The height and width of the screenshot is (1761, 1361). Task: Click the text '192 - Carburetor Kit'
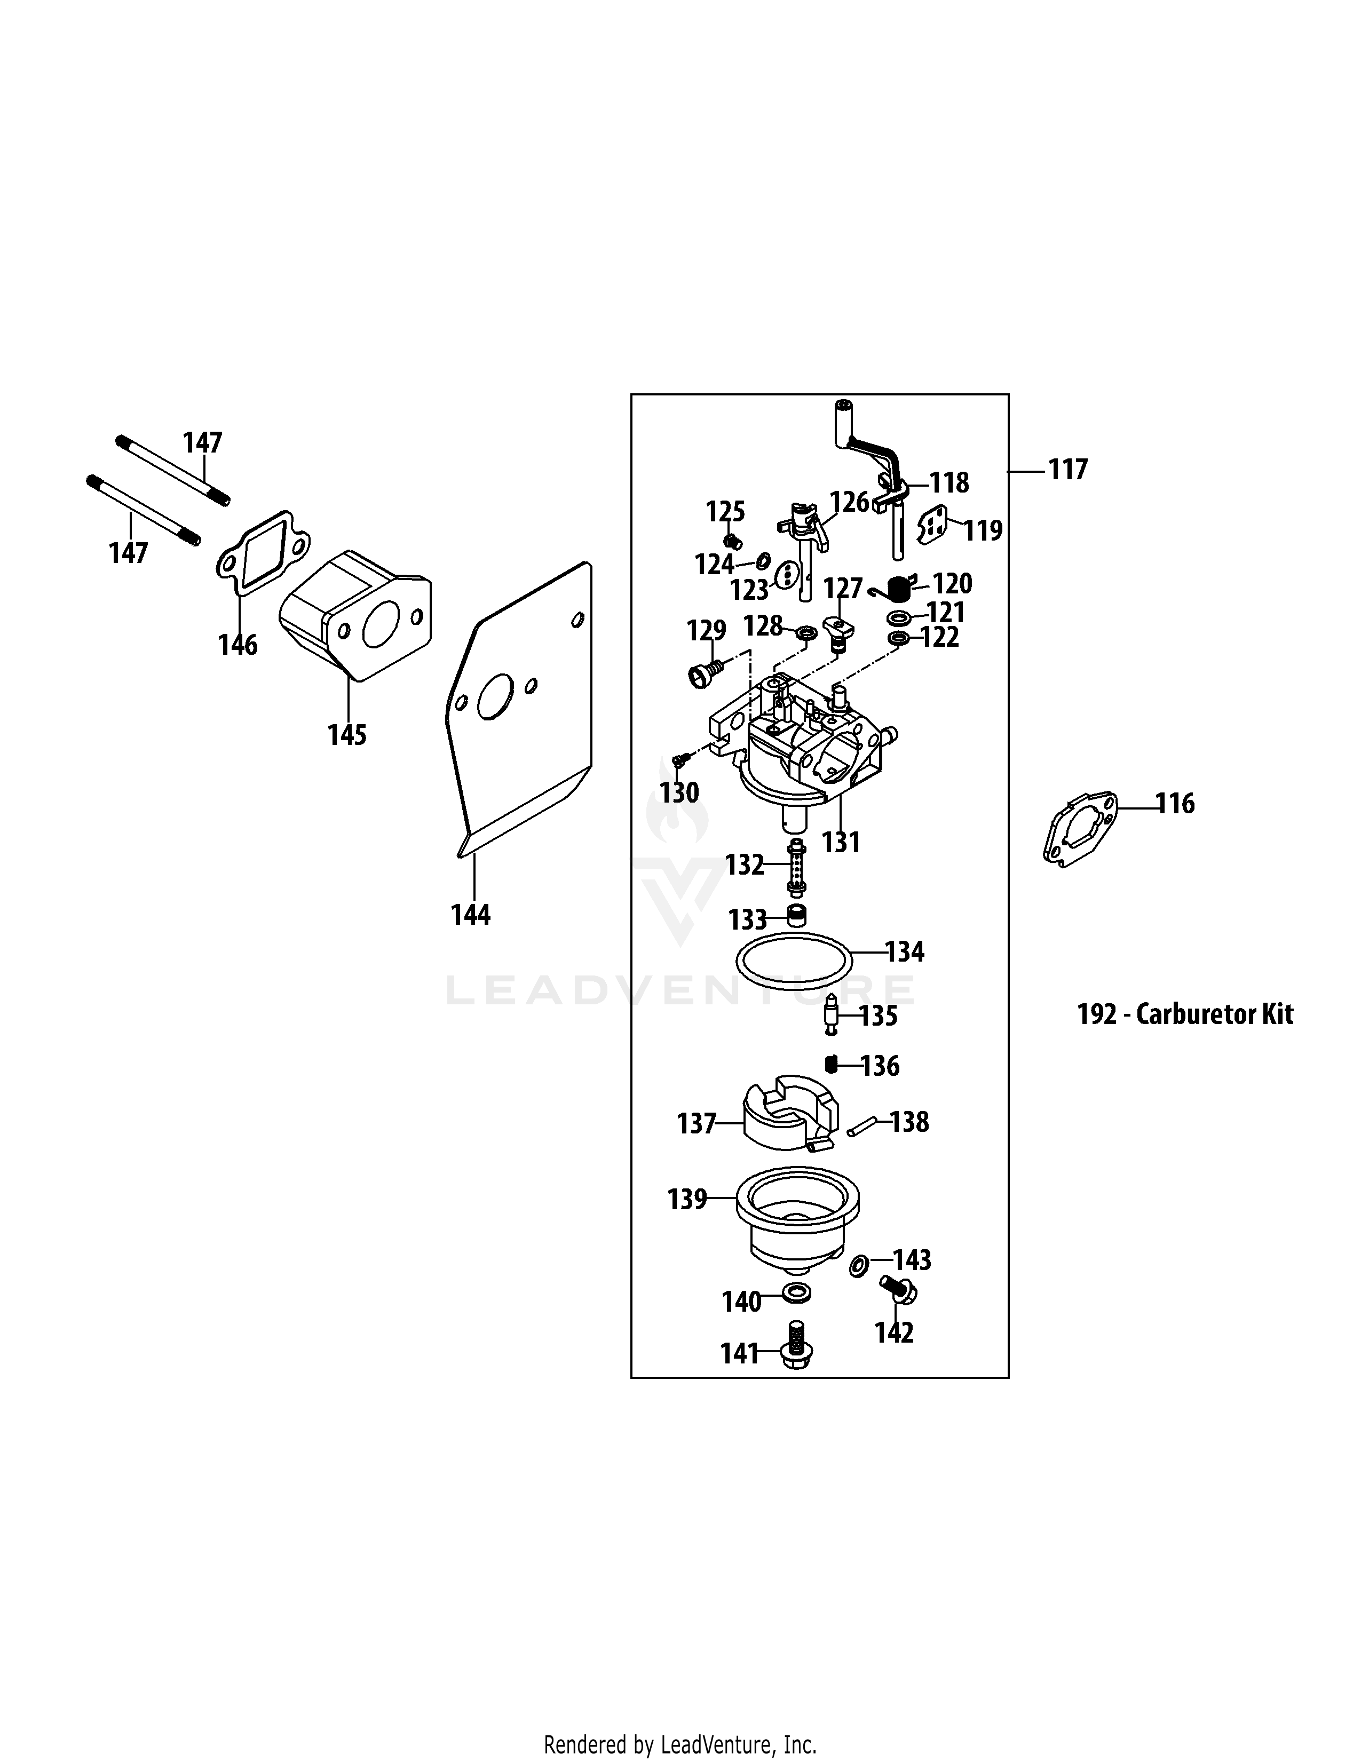tap(1184, 1013)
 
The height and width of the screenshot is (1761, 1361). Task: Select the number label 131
tap(841, 843)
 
